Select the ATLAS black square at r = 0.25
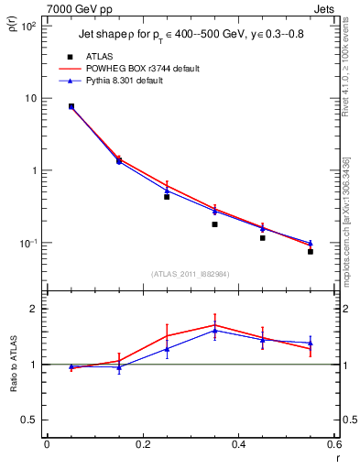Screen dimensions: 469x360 [167, 196]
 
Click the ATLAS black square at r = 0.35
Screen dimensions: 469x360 [214, 224]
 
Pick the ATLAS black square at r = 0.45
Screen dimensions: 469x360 [263, 238]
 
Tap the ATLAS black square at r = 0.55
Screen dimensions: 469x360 [311, 251]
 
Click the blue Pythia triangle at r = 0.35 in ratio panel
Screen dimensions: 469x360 [214, 330]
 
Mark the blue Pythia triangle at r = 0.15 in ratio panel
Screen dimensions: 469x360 [119, 367]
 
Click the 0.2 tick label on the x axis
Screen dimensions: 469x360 [142, 444]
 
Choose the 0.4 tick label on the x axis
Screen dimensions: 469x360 [238, 444]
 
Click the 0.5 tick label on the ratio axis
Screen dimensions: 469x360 [27, 420]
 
